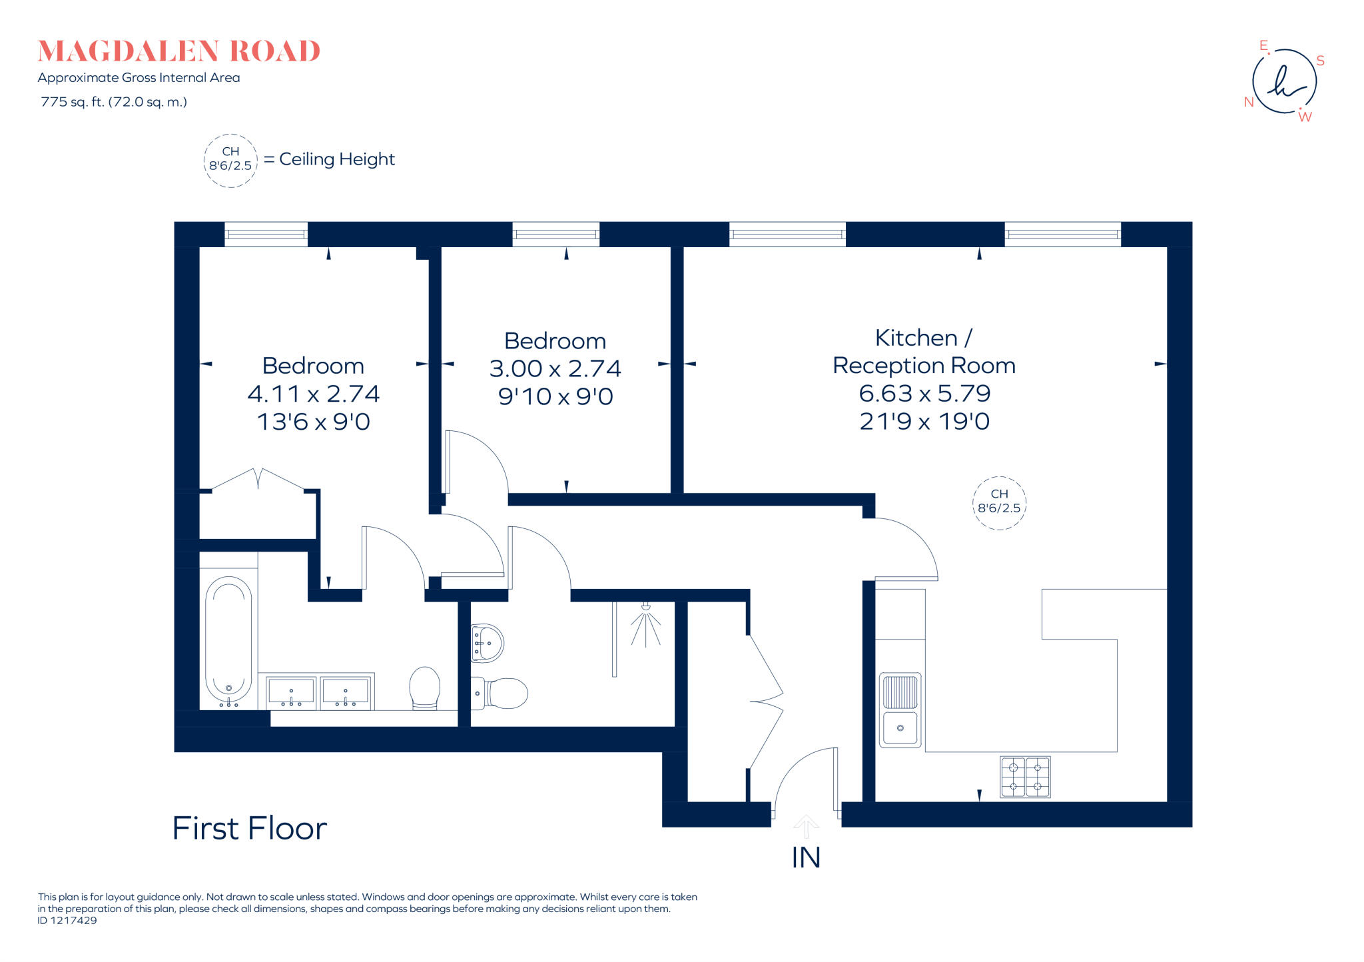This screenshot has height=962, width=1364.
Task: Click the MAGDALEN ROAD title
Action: pyautogui.click(x=178, y=51)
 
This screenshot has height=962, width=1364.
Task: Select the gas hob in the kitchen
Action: pyautogui.click(x=1025, y=777)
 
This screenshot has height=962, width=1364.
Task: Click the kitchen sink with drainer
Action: pyautogui.click(x=900, y=710)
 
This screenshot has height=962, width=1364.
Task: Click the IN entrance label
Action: pyautogui.click(x=805, y=857)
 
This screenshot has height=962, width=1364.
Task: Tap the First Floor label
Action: pyautogui.click(x=249, y=828)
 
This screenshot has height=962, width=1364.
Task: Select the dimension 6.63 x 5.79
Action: pyautogui.click(x=924, y=393)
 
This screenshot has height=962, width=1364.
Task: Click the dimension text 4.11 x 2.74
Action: pyautogui.click(x=313, y=394)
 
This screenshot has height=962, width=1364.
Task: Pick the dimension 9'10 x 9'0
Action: pyautogui.click(x=555, y=396)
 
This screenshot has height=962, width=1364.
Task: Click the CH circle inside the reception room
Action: pyautogui.click(x=999, y=503)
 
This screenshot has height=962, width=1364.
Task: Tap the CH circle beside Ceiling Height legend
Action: pyautogui.click(x=230, y=160)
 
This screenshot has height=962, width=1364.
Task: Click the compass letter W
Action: pyautogui.click(x=1305, y=117)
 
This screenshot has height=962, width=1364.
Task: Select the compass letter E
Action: pyautogui.click(x=1263, y=45)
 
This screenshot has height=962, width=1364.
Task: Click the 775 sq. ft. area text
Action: pyautogui.click(x=114, y=102)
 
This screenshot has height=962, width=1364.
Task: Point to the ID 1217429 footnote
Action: pyautogui.click(x=67, y=921)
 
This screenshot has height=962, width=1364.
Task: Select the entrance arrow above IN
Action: pyautogui.click(x=806, y=826)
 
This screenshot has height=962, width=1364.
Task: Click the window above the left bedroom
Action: pyautogui.click(x=266, y=235)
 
